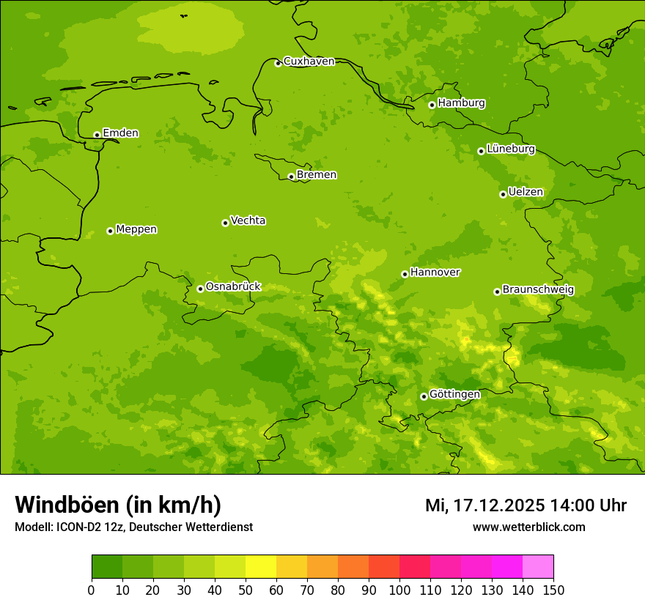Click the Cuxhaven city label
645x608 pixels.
coord(309,61)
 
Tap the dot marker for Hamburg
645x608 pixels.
coord(432,105)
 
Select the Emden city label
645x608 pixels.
coord(120,133)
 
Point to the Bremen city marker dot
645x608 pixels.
coord(291,177)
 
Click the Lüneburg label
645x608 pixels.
coord(510,149)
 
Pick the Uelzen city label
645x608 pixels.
coord(526,192)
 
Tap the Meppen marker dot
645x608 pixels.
coord(110,231)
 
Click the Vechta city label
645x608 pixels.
coord(248,220)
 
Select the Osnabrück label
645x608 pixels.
coord(233,286)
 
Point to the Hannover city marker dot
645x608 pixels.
coord(405,274)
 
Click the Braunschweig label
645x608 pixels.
coord(538,289)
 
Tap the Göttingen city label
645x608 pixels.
coord(454,394)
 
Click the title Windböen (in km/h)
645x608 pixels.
coord(118,505)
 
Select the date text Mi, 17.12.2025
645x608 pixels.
coord(484,505)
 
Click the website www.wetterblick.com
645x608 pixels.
coord(528,527)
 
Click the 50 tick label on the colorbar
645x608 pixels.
coord(246,590)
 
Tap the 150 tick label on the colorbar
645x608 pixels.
coord(553,590)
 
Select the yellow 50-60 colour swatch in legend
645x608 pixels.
coord(261,567)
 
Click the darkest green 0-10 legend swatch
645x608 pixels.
coord(107,567)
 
